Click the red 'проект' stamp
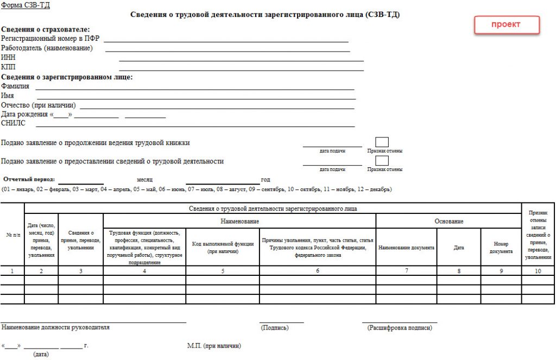tap(507, 25)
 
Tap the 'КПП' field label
tap(8, 67)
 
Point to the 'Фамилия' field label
tap(15, 86)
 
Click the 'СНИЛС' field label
tap(13, 123)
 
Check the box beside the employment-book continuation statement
tap(382, 142)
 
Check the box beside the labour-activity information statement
tap(382, 161)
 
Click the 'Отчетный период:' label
tap(29, 179)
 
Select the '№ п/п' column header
tap(12, 235)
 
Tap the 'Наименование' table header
tap(239, 222)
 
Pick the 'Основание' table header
tap(448, 222)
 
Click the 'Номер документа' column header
tap(501, 248)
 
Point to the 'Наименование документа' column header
tap(406, 248)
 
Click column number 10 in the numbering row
tap(538, 270)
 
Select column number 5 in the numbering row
tap(223, 270)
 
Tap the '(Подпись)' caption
tap(275, 328)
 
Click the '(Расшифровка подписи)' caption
tap(399, 328)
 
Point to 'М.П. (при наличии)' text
tap(214, 346)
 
